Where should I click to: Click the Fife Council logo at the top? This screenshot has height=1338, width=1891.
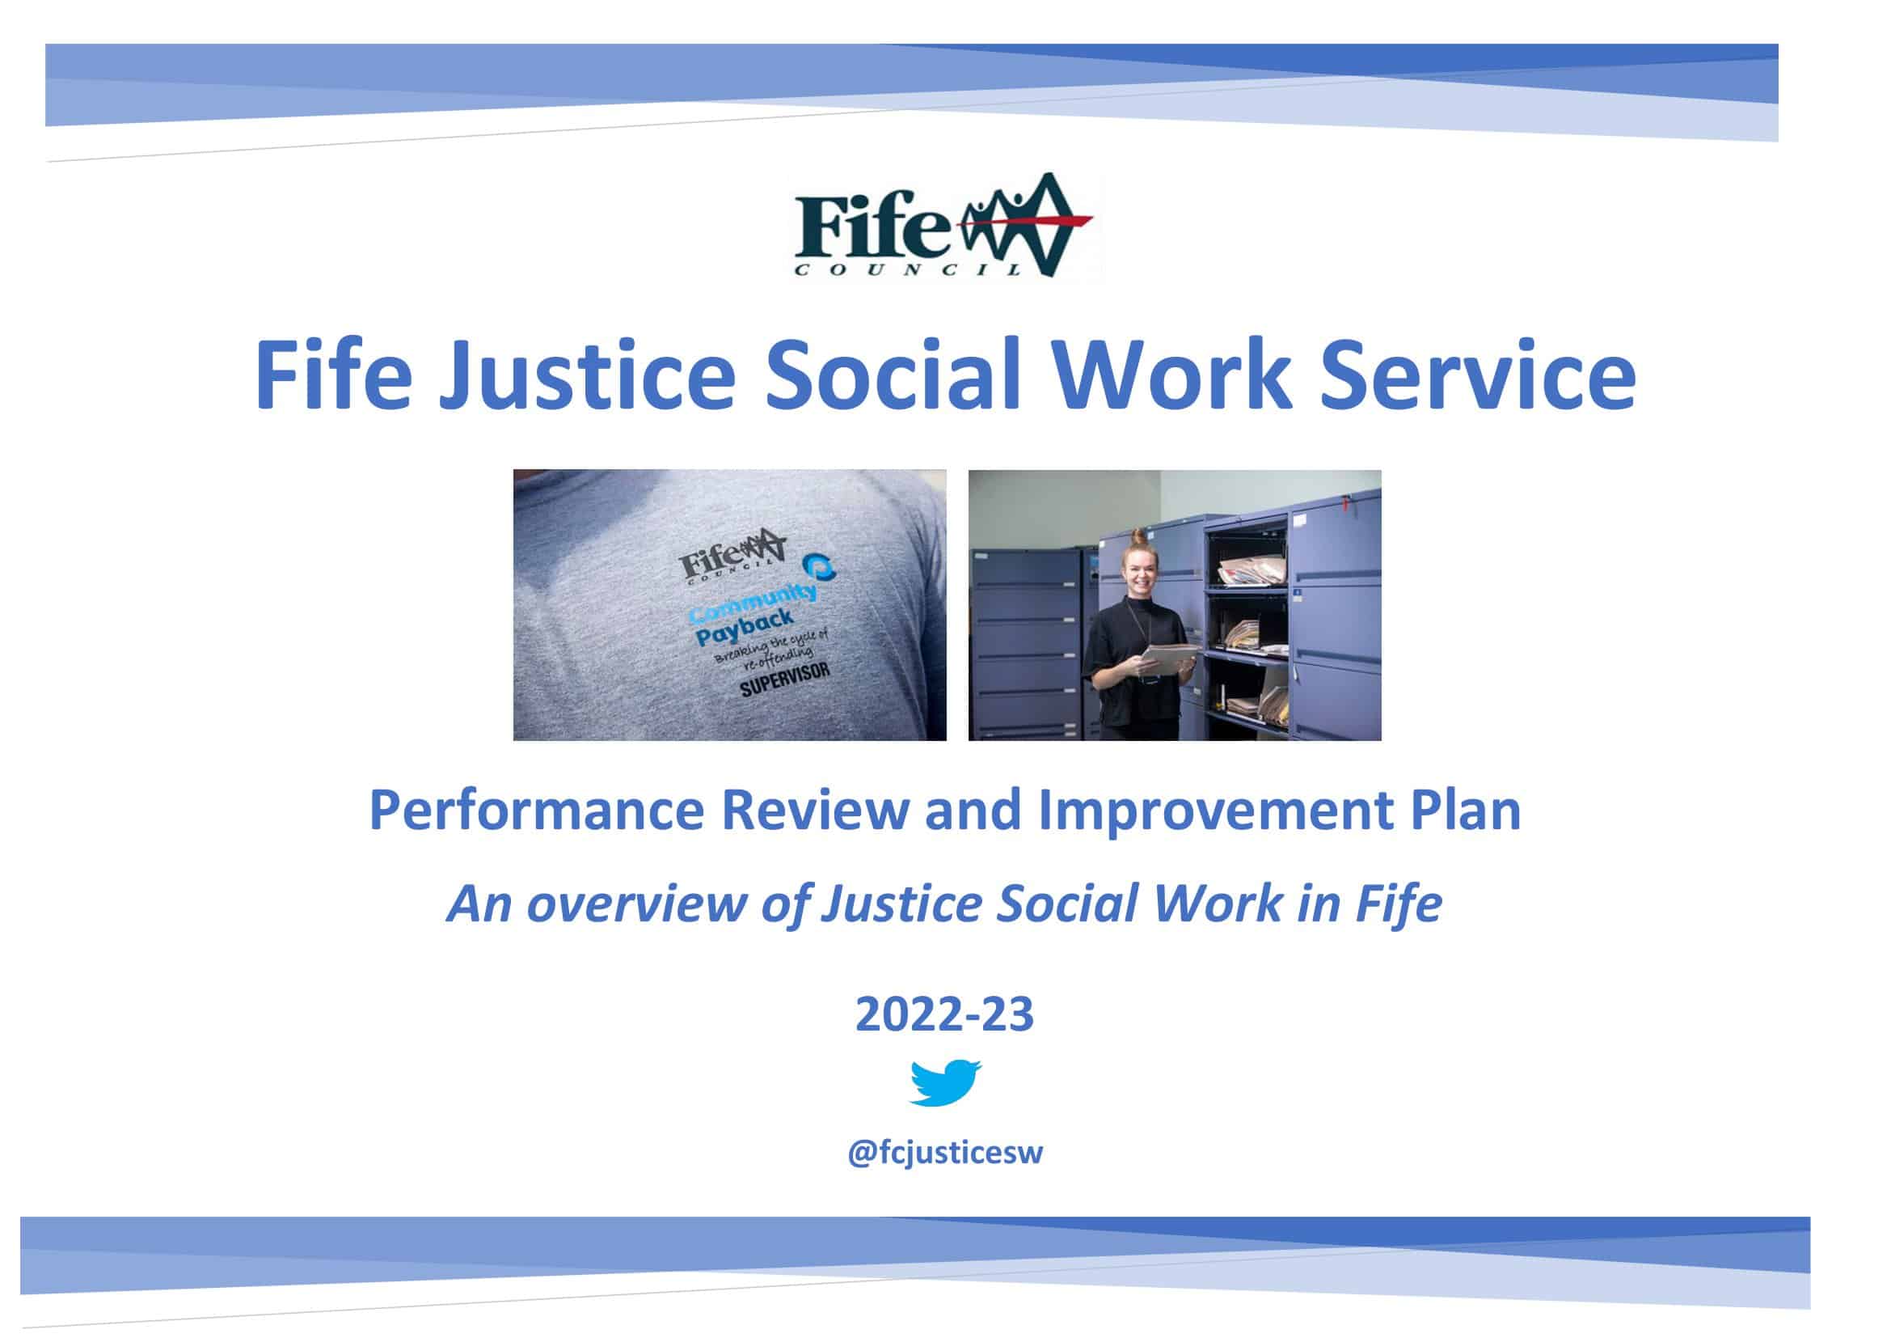tap(944, 225)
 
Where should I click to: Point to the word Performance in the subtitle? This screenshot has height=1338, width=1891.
tap(536, 810)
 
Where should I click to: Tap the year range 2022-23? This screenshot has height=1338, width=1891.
tap(944, 1014)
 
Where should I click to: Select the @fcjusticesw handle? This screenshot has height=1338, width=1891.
tap(944, 1153)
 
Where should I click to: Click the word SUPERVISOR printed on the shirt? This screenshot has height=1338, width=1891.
tap(783, 677)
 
